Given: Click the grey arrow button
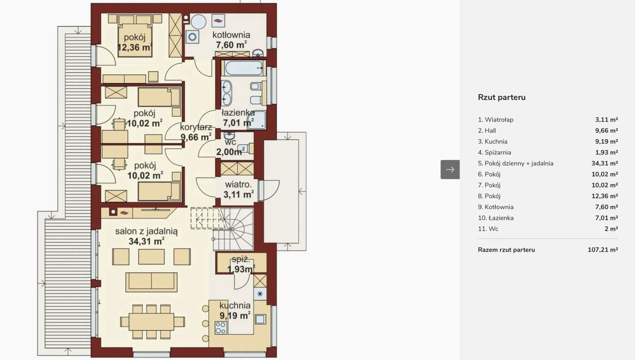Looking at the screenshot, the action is tap(450, 169).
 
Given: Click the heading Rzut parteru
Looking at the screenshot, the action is tap(501, 97).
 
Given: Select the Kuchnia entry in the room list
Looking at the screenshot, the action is tap(492, 141).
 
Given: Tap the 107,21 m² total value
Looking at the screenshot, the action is tap(603, 250).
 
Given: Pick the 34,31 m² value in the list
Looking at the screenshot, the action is tap(604, 163).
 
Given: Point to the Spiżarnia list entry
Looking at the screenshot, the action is tap(494, 152).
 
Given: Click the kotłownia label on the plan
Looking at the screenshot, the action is tap(231, 35).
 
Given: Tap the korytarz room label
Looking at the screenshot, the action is tap(196, 127).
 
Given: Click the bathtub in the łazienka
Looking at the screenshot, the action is tap(244, 68).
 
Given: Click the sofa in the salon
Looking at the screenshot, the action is tap(151, 282).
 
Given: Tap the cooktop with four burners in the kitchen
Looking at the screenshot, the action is tap(221, 328).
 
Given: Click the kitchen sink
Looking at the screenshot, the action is tap(260, 319).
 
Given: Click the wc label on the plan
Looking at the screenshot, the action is tap(230, 142).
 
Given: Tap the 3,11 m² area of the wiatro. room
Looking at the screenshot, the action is tap(239, 194).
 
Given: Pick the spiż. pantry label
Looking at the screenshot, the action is tap(241, 259).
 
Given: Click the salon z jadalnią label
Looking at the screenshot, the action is tap(146, 231).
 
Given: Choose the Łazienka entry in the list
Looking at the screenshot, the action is tap(496, 218).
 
